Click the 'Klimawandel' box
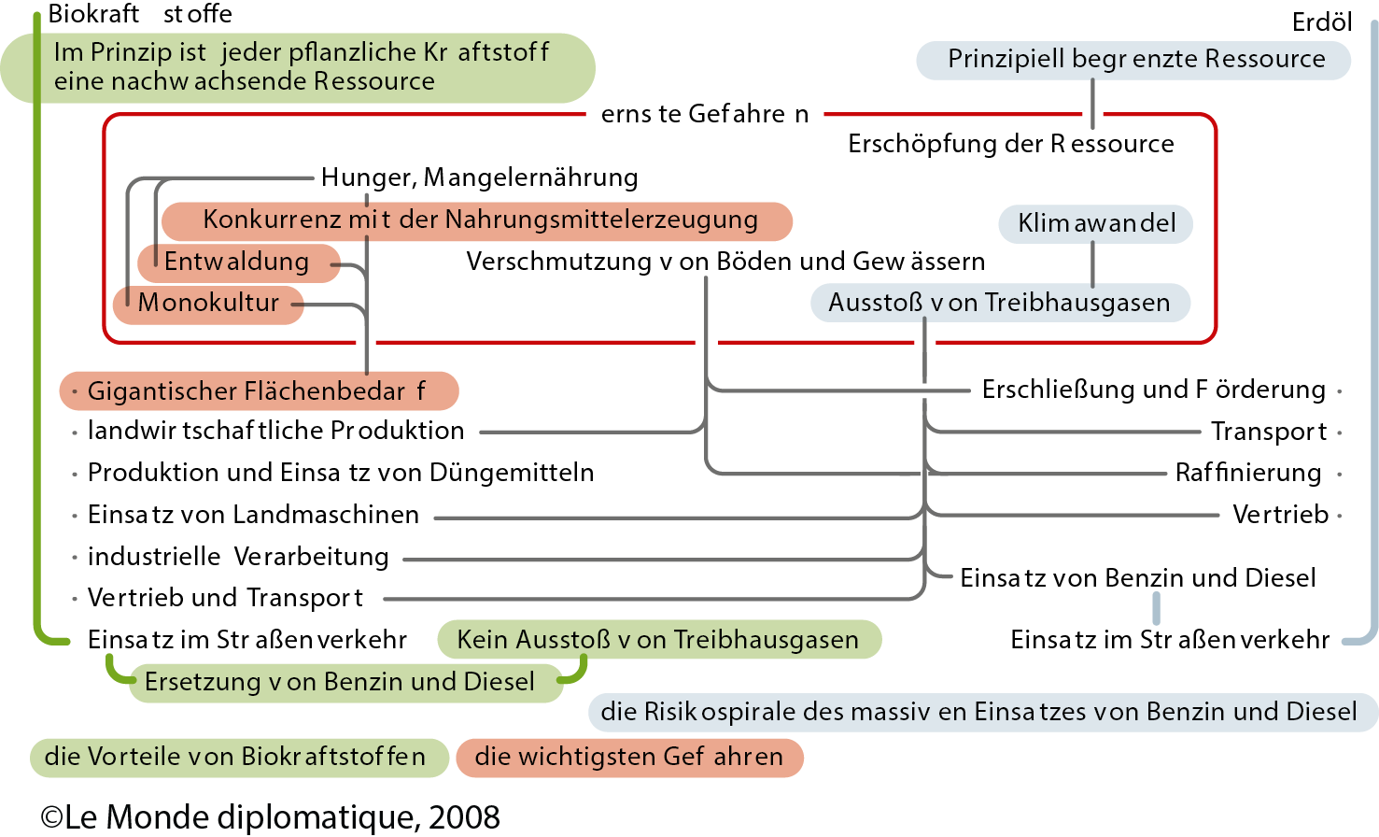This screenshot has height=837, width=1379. click(x=1095, y=223)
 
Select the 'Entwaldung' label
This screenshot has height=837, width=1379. click(x=237, y=262)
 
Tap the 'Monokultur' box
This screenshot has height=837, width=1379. click(x=208, y=304)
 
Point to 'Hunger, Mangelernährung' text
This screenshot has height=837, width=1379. click(x=479, y=177)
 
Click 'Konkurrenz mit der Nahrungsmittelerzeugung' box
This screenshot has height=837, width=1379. click(x=478, y=220)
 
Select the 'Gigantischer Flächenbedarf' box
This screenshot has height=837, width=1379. click(x=258, y=391)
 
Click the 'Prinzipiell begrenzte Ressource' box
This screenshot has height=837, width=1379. click(x=1135, y=60)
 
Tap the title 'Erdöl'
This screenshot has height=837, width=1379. click(x=1321, y=22)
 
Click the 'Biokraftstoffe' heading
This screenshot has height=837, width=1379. click(x=140, y=14)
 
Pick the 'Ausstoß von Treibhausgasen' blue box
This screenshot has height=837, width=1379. click(x=999, y=304)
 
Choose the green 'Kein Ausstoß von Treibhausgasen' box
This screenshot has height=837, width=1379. click(x=658, y=640)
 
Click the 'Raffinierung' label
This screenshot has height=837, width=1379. click(x=1247, y=474)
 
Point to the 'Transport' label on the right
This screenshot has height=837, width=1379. click(x=1268, y=432)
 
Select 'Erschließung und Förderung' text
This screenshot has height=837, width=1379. click(x=1153, y=390)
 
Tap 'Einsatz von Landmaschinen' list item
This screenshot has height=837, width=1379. click(x=253, y=516)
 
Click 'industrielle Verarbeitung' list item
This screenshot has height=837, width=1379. click(x=238, y=558)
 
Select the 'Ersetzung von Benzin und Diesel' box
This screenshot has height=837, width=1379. click(x=340, y=682)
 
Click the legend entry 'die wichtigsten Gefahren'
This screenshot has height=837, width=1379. click(x=628, y=757)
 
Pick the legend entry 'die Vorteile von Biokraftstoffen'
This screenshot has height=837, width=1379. click(x=235, y=757)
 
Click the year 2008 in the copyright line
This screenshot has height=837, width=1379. click(x=464, y=817)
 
